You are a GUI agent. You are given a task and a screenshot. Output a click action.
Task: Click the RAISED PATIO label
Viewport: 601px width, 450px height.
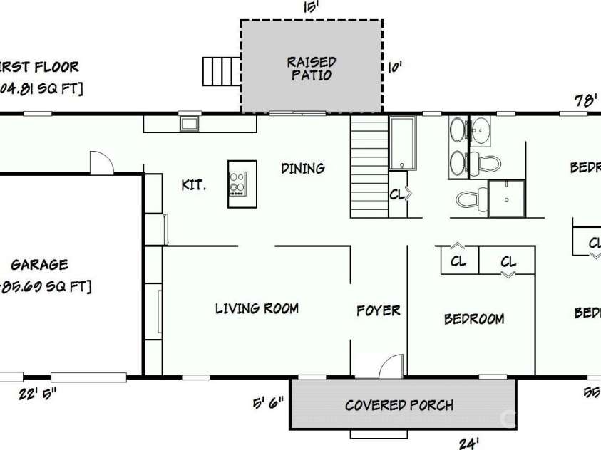pyautogui.click(x=311, y=68)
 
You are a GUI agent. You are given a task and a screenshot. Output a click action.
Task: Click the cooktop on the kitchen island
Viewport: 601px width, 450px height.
pyautogui.click(x=237, y=184)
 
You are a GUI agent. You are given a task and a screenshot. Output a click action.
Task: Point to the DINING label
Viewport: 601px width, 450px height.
pyautogui.click(x=303, y=168)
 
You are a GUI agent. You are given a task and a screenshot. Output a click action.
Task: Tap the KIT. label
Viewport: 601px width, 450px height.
pyautogui.click(x=193, y=185)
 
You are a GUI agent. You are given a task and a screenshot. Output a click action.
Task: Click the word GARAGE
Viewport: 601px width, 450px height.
pyautogui.click(x=40, y=264)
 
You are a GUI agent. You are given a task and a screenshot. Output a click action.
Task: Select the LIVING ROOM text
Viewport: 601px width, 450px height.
pyautogui.click(x=257, y=308)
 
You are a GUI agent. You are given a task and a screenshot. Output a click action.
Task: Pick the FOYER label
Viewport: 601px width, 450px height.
pyautogui.click(x=378, y=310)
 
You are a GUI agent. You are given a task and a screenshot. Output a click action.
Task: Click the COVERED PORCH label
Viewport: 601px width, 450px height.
pyautogui.click(x=399, y=405)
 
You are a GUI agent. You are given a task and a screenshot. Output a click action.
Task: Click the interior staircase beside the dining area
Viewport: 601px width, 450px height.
pyautogui.click(x=369, y=168)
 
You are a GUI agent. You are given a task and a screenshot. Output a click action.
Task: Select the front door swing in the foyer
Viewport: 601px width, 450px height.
pyautogui.click(x=391, y=366)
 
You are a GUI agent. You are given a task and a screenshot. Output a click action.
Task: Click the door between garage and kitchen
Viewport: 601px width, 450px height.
pyautogui.click(x=101, y=162)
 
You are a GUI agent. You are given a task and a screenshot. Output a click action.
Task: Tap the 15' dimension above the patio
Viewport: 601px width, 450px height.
pyautogui.click(x=310, y=6)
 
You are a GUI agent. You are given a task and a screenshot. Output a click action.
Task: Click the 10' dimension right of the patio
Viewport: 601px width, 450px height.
pyautogui.click(x=395, y=68)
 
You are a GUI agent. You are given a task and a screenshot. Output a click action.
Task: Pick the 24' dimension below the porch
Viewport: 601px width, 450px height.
pyautogui.click(x=468, y=444)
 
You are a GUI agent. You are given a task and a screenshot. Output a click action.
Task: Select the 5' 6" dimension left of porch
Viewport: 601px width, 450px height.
pyautogui.click(x=268, y=403)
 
